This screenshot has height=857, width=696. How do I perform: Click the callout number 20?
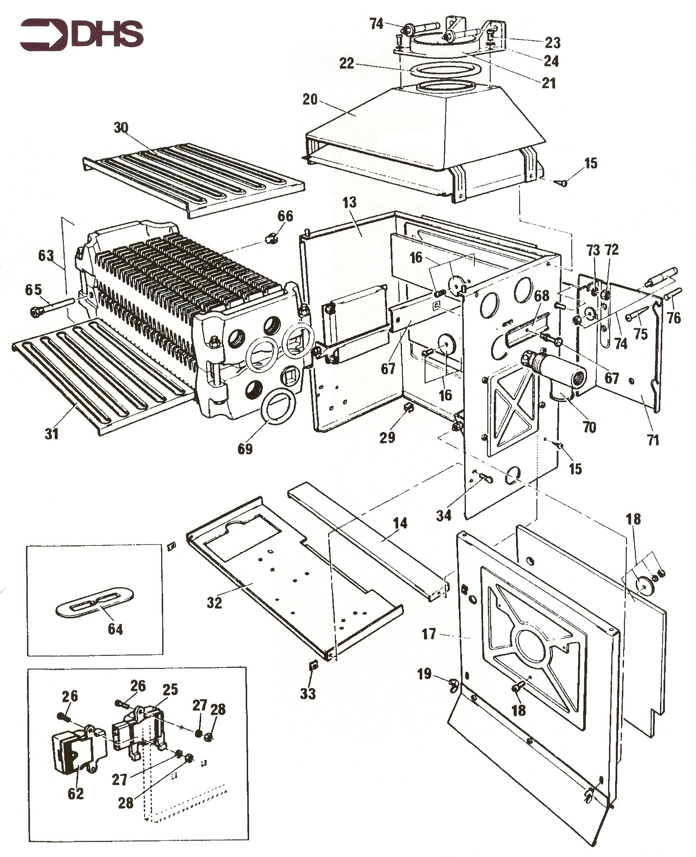(x=310, y=99)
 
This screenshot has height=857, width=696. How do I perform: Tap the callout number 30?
(x=121, y=127)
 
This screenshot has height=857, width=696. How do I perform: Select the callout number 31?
(x=52, y=433)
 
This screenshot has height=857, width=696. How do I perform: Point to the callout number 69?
(x=245, y=449)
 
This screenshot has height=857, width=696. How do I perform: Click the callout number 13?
(x=350, y=203)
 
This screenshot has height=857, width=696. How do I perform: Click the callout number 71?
(x=653, y=440)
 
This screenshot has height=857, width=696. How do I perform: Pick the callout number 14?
(x=400, y=523)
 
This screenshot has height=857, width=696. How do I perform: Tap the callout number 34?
(x=443, y=515)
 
